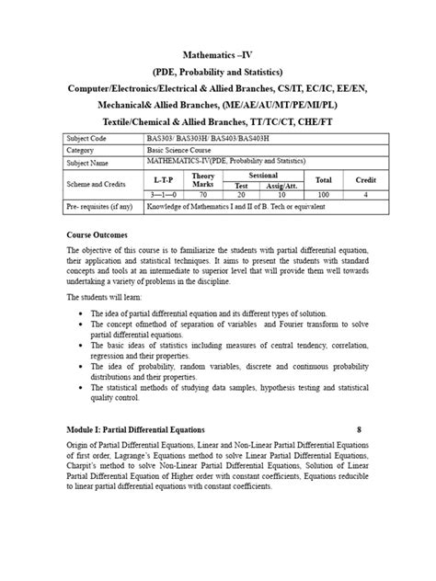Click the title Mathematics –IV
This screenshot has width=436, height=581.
218,54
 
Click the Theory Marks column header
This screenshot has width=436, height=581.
203,180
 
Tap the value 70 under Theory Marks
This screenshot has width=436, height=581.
203,196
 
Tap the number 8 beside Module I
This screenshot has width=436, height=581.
360,430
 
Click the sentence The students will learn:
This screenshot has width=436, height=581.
109,298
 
